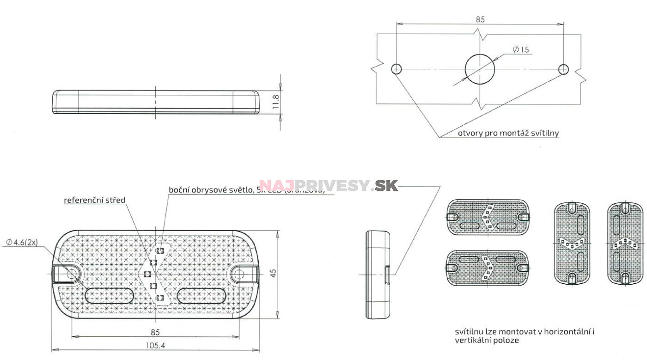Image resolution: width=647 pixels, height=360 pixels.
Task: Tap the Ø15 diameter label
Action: tap(521, 49)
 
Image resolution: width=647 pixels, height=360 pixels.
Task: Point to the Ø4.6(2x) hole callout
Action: tap(22, 242)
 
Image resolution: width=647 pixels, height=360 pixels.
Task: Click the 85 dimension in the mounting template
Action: tap(480, 19)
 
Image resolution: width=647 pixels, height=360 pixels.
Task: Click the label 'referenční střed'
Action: tap(94, 200)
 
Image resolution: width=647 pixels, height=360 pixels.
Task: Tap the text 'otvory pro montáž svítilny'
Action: tap(508, 133)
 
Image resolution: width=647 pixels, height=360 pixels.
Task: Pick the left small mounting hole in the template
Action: tap(396, 69)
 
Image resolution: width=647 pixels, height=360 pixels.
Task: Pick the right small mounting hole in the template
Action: tap(563, 69)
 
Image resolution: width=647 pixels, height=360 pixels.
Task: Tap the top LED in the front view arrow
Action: tap(160, 250)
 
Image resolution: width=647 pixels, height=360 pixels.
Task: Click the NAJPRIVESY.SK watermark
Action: tap(328, 186)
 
